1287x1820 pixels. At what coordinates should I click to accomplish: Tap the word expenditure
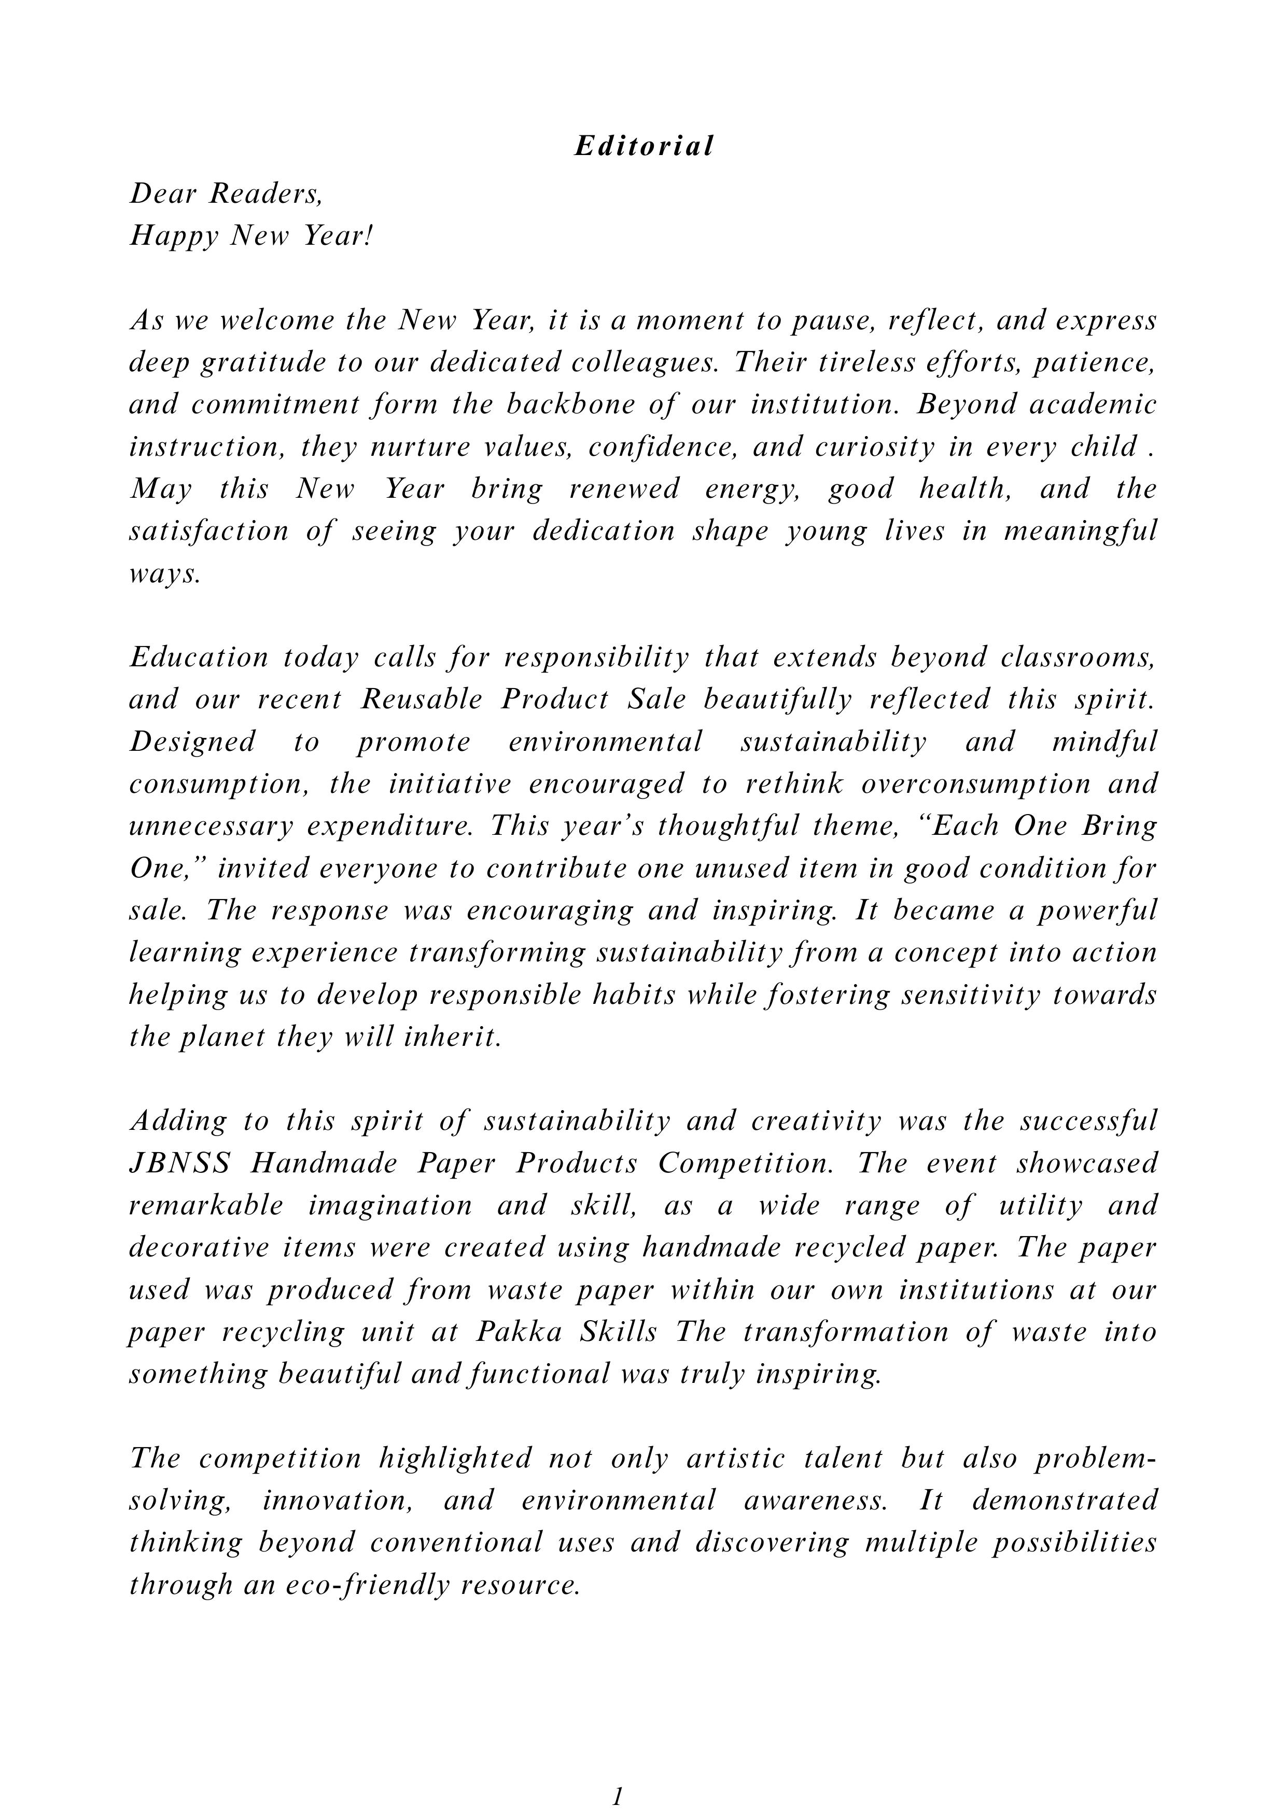[390, 826]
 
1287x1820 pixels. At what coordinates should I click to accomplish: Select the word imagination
[390, 1206]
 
